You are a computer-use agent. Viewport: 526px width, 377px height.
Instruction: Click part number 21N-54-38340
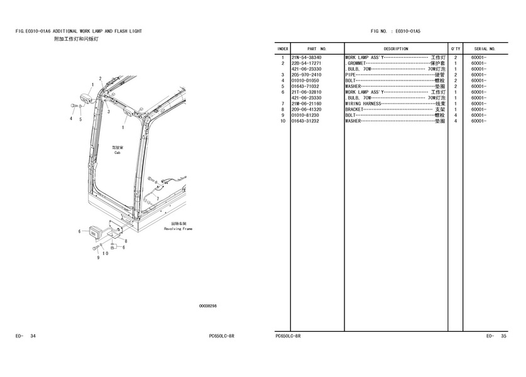click(306, 58)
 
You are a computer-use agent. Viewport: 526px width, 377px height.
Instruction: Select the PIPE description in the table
click(350, 75)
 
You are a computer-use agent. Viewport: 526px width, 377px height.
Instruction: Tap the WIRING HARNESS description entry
click(363, 104)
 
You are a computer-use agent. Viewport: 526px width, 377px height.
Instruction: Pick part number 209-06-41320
click(306, 109)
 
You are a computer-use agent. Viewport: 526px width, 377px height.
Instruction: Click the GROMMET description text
click(356, 63)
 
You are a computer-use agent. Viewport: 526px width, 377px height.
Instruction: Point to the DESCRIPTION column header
click(396, 49)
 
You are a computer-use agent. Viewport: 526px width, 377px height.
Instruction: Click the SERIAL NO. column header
click(485, 49)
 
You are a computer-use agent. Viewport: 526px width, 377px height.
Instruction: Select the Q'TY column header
click(456, 49)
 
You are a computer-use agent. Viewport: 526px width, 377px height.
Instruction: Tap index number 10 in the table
click(283, 121)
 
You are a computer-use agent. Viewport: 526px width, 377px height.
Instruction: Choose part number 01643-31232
click(305, 121)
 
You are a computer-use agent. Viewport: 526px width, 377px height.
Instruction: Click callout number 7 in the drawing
click(158, 199)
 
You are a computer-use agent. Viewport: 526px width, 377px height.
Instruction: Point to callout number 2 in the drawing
click(101, 79)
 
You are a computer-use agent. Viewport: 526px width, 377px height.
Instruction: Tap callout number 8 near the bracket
click(126, 241)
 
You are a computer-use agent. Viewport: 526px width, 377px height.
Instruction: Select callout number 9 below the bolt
click(98, 258)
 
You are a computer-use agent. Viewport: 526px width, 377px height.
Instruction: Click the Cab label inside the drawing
click(117, 153)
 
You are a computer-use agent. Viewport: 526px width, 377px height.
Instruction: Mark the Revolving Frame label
click(178, 229)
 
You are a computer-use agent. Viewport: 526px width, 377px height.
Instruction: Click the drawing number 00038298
click(208, 306)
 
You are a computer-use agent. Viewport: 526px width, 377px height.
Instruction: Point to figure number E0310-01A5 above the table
click(408, 31)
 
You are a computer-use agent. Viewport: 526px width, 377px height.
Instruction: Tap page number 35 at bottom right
click(503, 336)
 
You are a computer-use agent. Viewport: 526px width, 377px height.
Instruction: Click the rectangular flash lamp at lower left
click(95, 232)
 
